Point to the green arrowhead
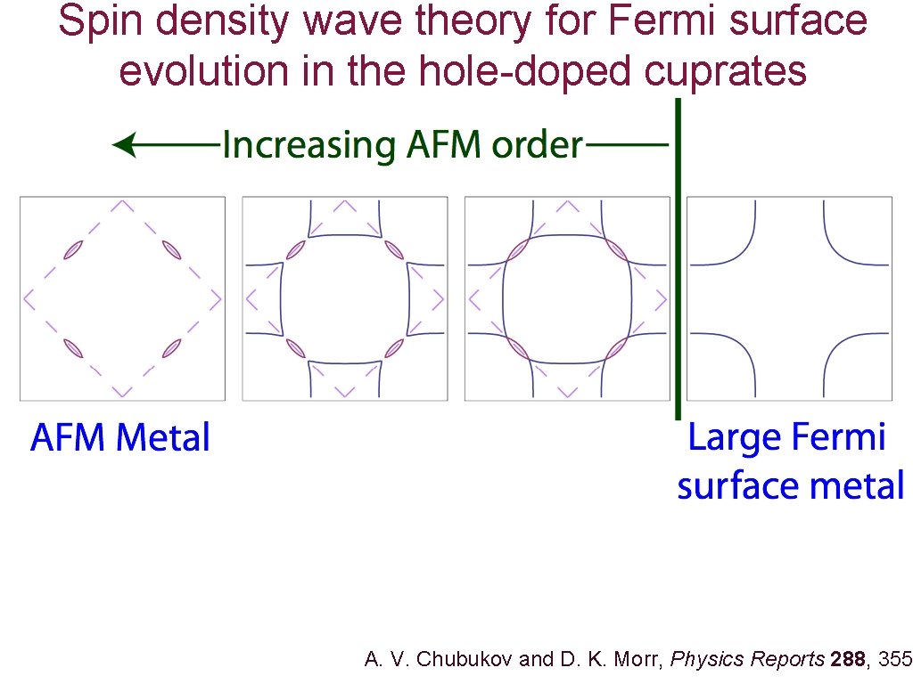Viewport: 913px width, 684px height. (125, 144)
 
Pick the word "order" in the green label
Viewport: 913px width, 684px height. (538, 144)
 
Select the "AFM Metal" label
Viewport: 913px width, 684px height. (120, 438)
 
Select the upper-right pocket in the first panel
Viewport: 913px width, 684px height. (169, 250)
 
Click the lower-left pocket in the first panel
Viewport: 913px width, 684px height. (73, 346)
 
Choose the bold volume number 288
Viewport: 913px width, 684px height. (847, 660)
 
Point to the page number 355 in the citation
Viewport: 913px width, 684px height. (895, 660)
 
